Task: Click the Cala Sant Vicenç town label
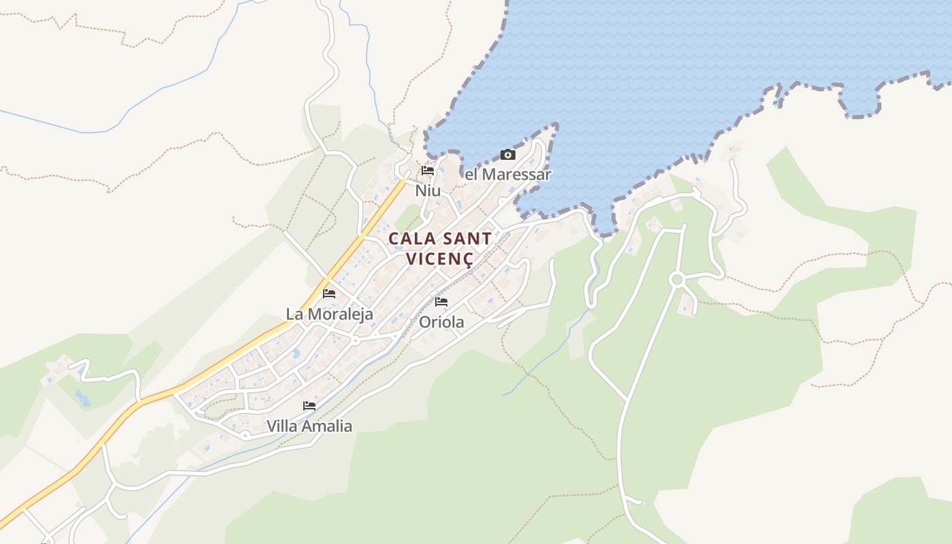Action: pos(440,248)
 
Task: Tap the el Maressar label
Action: pos(507,175)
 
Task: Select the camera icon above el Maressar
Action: pos(507,155)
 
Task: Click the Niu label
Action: pos(428,191)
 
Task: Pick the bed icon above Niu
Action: pos(428,171)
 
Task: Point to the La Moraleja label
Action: pos(329,314)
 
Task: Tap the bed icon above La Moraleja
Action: pos(329,294)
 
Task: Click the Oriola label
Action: pos(441,322)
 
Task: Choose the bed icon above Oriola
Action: pos(441,302)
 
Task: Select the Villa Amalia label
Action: pos(309,426)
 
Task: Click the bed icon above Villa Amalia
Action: pos(309,406)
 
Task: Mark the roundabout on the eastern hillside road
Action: pos(677,279)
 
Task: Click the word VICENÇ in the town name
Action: pos(440,259)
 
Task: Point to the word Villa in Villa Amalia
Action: pos(282,426)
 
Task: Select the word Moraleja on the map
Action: pos(340,314)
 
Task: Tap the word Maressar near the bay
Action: pos(515,175)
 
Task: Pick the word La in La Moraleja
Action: pos(294,314)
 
